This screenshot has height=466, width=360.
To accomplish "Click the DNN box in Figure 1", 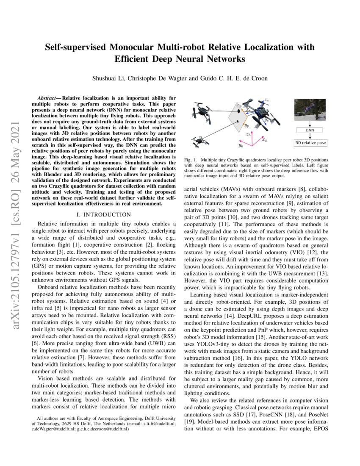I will click(x=310, y=130).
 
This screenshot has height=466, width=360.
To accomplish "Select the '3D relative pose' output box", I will click(x=310, y=143).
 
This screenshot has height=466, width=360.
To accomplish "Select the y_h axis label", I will click(x=240, y=145).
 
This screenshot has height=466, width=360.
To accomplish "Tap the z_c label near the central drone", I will click(x=266, y=100).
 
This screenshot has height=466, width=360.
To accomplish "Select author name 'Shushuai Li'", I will click(x=108, y=78).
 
